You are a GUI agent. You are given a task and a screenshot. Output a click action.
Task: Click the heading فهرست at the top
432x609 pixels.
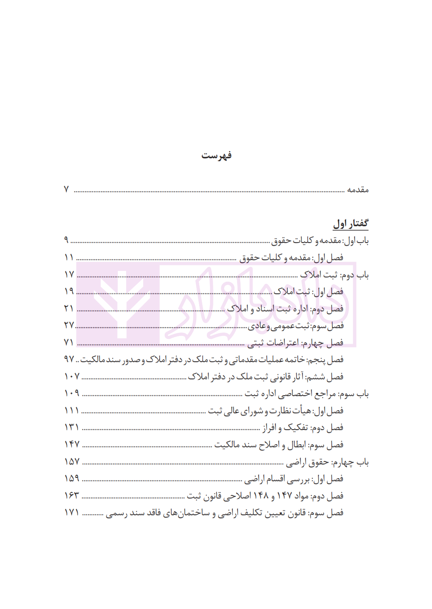(216, 155)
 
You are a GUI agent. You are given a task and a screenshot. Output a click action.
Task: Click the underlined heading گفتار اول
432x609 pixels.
(351, 223)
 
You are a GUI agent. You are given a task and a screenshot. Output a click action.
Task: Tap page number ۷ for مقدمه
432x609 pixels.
(66, 189)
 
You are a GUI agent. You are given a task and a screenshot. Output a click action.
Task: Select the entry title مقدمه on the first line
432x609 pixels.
(358, 190)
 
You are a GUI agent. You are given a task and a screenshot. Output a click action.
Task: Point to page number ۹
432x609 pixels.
(66, 240)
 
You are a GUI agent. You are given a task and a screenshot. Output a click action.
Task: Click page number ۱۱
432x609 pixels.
(69, 257)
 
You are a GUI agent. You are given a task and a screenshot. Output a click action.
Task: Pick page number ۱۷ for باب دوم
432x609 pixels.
(69, 274)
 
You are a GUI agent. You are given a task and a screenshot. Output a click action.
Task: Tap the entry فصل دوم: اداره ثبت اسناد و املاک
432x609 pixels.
(285, 308)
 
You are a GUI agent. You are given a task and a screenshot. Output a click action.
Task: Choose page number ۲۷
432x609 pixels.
(69, 325)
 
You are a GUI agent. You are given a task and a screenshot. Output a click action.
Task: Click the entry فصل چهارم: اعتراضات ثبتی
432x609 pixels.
(295, 342)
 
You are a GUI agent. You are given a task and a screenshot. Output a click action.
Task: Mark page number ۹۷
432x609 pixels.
(69, 359)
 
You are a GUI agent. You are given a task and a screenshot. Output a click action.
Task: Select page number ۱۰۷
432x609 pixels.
(72, 376)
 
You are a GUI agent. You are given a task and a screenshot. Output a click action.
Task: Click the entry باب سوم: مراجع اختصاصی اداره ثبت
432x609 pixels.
(307, 394)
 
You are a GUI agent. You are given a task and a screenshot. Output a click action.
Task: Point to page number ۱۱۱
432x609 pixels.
(71, 410)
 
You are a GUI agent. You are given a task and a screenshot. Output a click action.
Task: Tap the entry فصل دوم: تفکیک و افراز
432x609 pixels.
(303, 428)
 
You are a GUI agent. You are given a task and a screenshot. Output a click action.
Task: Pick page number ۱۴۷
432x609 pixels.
(72, 444)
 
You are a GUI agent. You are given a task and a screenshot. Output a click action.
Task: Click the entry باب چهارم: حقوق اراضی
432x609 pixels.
(327, 462)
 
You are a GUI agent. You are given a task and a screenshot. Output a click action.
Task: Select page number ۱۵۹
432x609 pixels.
(72, 478)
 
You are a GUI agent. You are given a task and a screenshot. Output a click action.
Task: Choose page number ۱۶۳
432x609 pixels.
(72, 495)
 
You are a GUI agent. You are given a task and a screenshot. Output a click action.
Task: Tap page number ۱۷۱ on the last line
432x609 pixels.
(72, 513)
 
